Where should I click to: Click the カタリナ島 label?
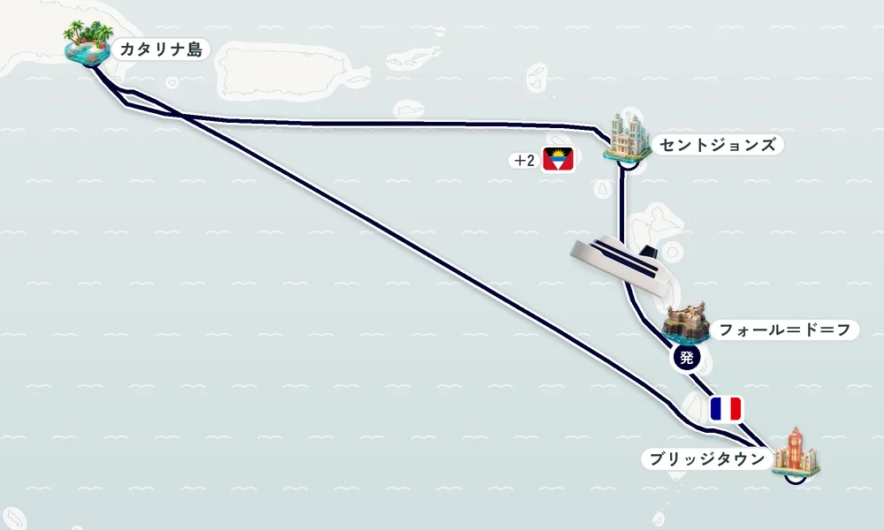[x=161, y=49]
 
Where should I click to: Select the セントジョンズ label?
[x=717, y=145]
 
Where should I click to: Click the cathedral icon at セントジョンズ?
[x=627, y=136]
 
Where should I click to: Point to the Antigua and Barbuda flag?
[x=558, y=159]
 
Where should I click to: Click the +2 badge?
[x=524, y=161]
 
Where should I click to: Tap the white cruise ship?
[x=621, y=266]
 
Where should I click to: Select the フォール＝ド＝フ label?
[x=785, y=329]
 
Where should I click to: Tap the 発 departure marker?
[x=686, y=357]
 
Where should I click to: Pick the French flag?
[x=726, y=409]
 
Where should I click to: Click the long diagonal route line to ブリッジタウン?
[x=429, y=265]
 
